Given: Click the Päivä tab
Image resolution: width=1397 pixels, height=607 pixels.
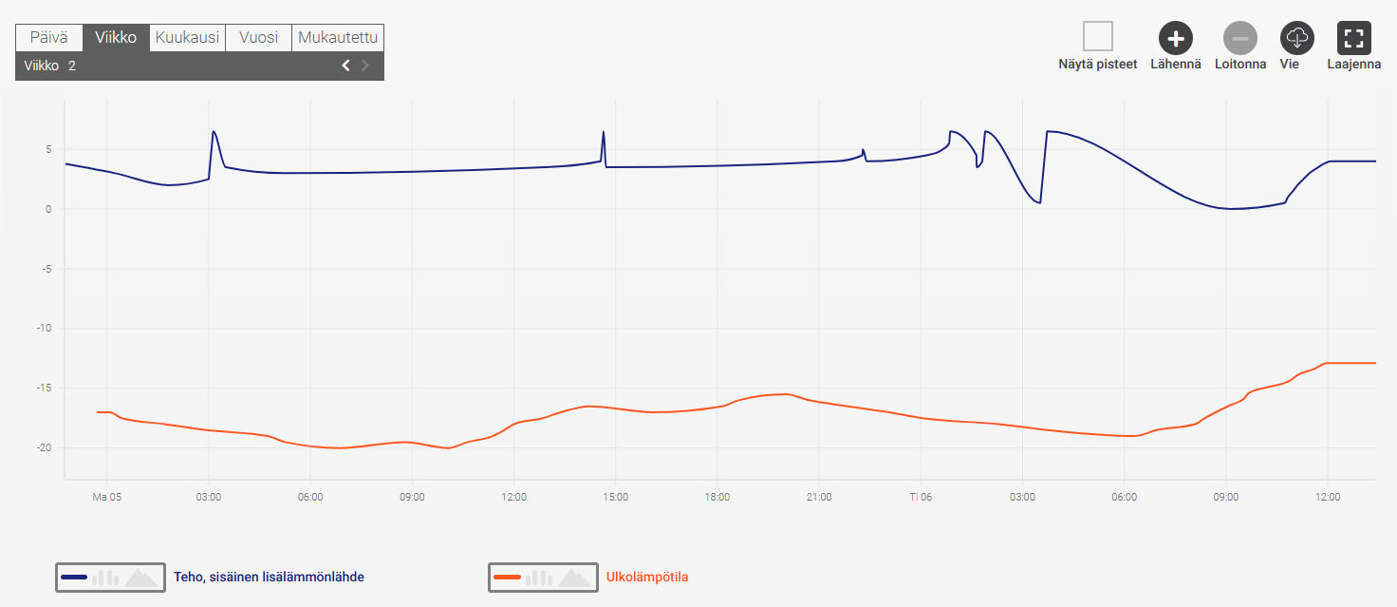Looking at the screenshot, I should coord(49,38).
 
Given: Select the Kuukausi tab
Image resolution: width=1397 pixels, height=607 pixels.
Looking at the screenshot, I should coord(187,38).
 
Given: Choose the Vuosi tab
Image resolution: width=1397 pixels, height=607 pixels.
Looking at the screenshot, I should coord(258,38).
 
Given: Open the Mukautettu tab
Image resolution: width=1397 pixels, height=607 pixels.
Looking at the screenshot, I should coord(338,38).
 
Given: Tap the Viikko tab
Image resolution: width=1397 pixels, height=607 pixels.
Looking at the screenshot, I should coord(116,38).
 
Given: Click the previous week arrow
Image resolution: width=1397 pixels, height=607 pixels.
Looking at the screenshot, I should coord(345,66).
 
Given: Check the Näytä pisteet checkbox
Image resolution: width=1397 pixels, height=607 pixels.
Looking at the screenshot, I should coord(1098,37).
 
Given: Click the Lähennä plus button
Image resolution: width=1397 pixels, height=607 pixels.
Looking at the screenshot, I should coord(1176,38).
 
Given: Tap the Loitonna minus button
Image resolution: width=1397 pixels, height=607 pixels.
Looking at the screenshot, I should coord(1239,38).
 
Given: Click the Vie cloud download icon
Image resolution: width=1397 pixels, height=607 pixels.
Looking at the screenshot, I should coord(1296,38).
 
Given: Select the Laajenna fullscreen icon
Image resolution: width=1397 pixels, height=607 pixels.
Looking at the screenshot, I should coord(1353,38).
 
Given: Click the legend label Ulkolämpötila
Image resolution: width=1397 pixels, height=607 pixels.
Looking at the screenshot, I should coord(647,577).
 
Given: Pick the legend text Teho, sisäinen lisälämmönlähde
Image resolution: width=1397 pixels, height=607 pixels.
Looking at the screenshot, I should coord(269,577).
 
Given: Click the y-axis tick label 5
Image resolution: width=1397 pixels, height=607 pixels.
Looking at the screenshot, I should coord(46,149).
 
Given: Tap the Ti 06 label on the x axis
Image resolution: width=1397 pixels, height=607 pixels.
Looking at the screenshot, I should coord(921,497).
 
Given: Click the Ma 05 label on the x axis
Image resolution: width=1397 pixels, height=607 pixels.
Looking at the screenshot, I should coord(106,497).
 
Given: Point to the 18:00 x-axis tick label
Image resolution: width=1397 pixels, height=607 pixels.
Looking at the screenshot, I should coord(717,497).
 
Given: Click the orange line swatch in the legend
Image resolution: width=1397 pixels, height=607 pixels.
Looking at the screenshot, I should coord(508,577).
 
